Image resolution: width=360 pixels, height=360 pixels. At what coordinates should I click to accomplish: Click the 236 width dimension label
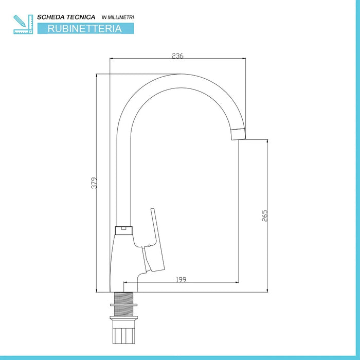[178, 56]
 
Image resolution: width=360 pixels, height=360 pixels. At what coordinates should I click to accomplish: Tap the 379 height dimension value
[94, 183]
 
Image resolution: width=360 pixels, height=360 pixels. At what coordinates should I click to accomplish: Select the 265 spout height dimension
[265, 215]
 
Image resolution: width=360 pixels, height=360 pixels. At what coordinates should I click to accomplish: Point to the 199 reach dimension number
[181, 280]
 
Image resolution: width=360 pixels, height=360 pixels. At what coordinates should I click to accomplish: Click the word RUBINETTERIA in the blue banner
[85, 28]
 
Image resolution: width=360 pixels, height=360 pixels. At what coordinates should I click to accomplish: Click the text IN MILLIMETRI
[118, 17]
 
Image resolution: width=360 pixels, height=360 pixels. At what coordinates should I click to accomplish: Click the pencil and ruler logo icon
[23, 24]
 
